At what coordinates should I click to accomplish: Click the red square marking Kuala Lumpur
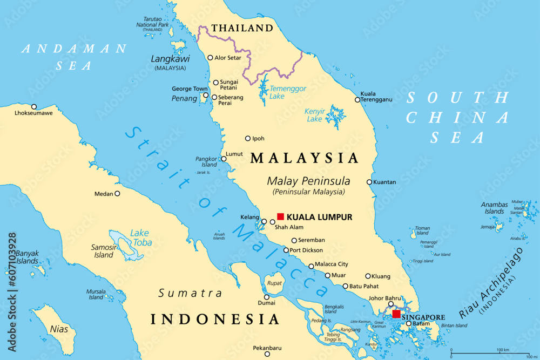coord(280,217)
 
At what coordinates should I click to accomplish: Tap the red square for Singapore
coord(396,314)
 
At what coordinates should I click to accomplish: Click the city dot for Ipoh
coord(248,138)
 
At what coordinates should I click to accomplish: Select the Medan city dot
coord(117,193)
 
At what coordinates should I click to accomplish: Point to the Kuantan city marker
coord(369,182)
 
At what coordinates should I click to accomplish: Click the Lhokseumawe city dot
coord(34,107)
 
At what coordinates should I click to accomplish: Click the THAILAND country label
coord(242,28)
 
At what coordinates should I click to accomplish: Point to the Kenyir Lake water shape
coord(335,116)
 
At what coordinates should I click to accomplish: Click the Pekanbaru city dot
coord(267,348)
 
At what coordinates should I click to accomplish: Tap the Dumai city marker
coord(266,297)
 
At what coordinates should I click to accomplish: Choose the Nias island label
coord(59,328)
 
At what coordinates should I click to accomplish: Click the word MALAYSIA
coord(305,158)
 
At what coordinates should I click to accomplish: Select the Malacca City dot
coord(311,266)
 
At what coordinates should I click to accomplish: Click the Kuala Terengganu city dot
coord(357,100)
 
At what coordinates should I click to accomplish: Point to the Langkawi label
coord(170,58)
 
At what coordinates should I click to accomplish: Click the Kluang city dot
coord(368,276)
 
